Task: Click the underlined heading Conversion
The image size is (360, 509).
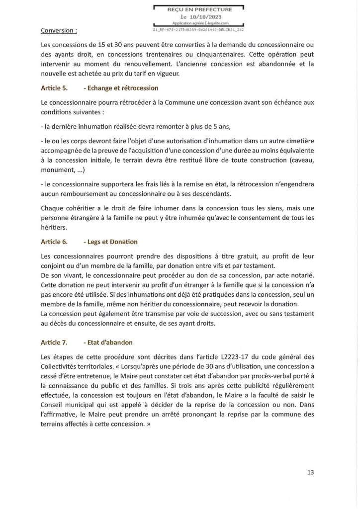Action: click(x=59, y=30)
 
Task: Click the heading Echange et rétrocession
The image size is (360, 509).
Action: click(x=120, y=88)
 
